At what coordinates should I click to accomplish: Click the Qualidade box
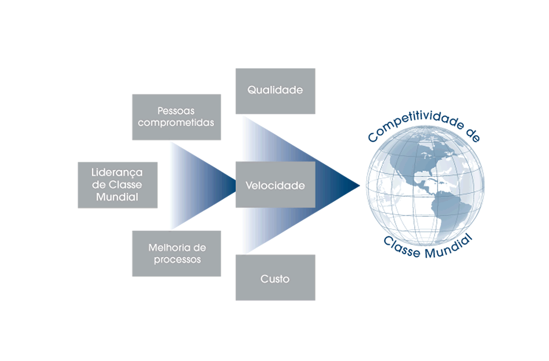pyautogui.click(x=275, y=91)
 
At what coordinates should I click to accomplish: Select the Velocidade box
pyautogui.click(x=275, y=185)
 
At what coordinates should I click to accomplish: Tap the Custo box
pyautogui.click(x=275, y=277)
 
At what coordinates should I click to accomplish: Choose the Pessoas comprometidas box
pyautogui.click(x=176, y=117)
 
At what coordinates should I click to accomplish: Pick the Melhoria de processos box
pyautogui.click(x=176, y=253)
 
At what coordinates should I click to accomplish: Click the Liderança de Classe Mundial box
pyautogui.click(x=118, y=185)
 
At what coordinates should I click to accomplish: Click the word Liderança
pyautogui.click(x=117, y=172)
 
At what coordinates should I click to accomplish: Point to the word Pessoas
pyautogui.click(x=176, y=111)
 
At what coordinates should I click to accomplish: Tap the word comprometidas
pyautogui.click(x=176, y=123)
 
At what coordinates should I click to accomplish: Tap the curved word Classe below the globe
pyautogui.click(x=401, y=247)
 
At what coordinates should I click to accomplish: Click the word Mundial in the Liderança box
pyautogui.click(x=117, y=197)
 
